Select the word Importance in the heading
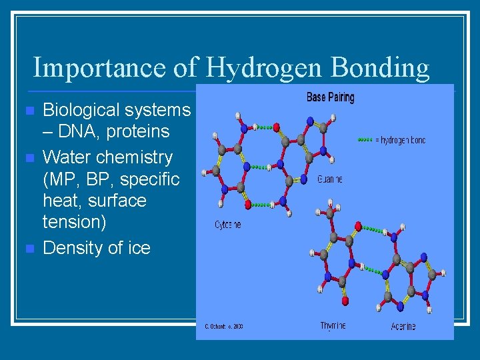tap(97, 68)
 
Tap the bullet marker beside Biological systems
tap(27, 110)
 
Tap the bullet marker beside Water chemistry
tap(27, 158)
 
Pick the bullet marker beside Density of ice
tap(27, 249)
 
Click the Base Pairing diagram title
tap(330, 97)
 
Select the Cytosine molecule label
tap(228, 225)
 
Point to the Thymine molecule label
tap(333, 326)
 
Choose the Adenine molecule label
tap(403, 326)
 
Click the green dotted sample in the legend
tap(367, 140)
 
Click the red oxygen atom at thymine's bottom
tap(345, 301)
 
